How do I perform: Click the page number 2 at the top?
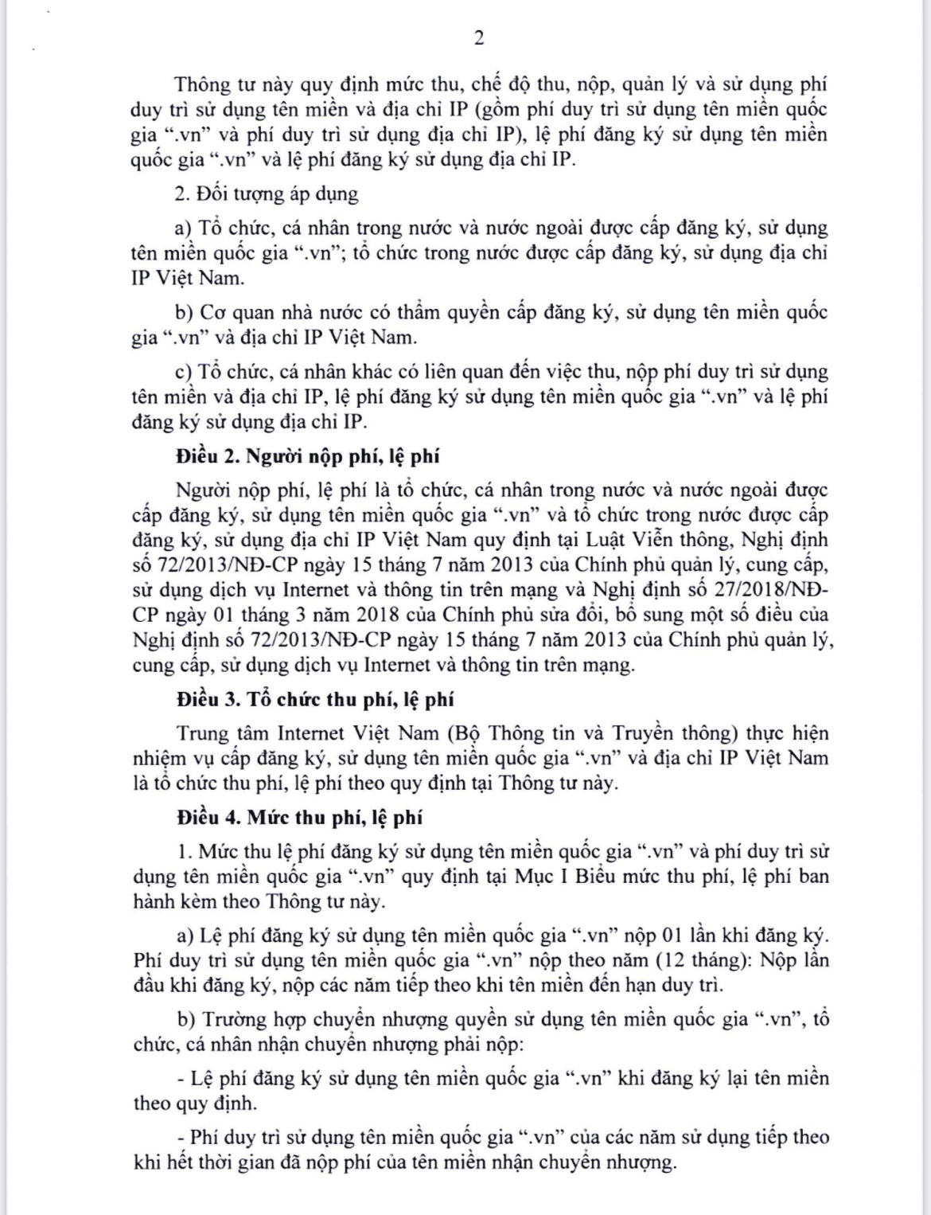(x=478, y=37)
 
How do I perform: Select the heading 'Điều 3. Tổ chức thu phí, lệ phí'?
(x=315, y=699)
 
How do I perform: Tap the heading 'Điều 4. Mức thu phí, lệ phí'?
(x=300, y=817)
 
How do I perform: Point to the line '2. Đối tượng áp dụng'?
(x=267, y=193)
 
